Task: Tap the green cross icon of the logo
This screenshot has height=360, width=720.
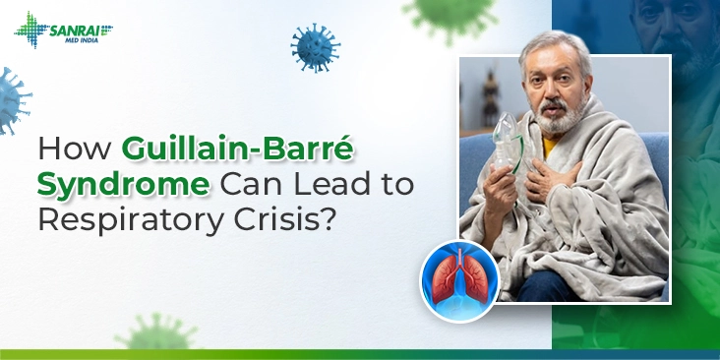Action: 29,30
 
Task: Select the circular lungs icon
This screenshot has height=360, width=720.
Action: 458,280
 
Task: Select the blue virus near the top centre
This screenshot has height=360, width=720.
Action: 315,47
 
